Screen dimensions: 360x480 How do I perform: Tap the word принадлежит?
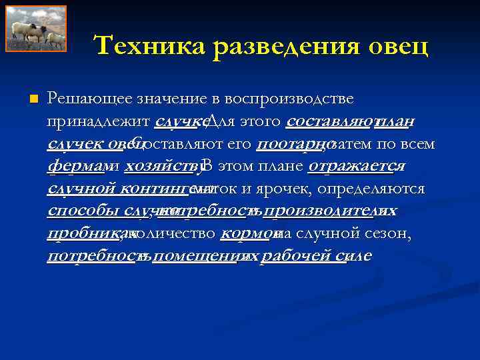[x=98, y=121]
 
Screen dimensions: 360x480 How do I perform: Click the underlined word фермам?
[x=73, y=166]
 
